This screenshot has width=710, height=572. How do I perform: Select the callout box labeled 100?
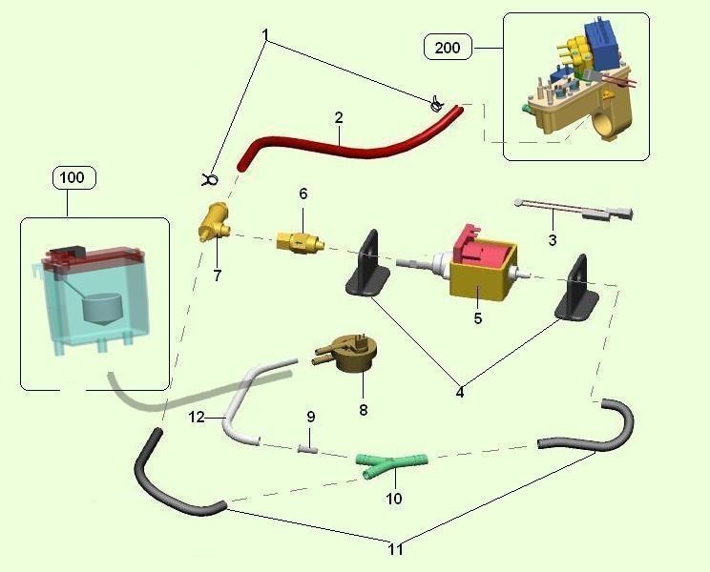coord(73,176)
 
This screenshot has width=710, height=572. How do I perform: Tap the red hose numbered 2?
coord(344,143)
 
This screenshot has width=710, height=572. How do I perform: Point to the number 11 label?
coord(396,550)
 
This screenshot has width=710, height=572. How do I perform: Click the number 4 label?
coord(459,392)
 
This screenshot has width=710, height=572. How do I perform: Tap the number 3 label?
coord(553,240)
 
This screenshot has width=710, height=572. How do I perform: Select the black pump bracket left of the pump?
coord(366,271)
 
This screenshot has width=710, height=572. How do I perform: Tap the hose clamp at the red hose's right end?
coord(436,103)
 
